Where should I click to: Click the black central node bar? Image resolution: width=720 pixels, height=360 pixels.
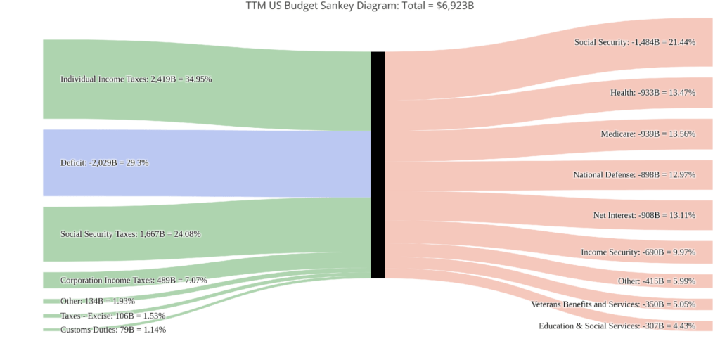tap(378, 165)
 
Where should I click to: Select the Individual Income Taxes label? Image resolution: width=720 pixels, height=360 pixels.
tap(136, 79)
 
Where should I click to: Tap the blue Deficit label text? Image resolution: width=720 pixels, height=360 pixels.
tap(104, 163)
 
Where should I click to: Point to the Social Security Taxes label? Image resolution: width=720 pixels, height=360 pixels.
tap(130, 234)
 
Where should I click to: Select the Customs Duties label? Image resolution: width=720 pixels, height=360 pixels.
tap(112, 330)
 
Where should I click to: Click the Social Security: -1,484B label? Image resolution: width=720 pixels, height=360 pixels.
tap(634, 42)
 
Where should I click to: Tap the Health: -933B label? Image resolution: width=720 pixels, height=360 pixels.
tap(652, 93)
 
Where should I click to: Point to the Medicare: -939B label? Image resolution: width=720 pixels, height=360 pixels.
tap(648, 134)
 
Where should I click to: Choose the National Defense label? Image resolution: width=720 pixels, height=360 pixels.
tap(634, 175)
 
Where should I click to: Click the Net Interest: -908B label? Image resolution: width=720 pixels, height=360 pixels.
tap(643, 215)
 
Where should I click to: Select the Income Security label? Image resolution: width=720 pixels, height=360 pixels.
tap(638, 252)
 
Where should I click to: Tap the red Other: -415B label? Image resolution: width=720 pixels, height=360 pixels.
tap(656, 281)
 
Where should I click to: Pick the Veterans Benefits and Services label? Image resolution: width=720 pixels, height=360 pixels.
tap(613, 304)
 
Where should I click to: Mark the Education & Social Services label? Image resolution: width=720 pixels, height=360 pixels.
tap(617, 326)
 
